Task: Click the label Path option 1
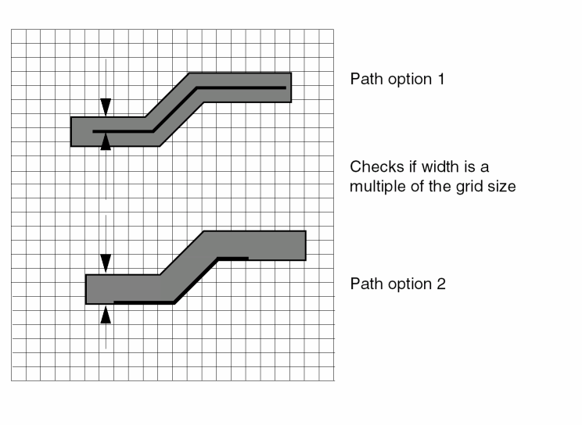[397, 79]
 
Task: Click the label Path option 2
[397, 284]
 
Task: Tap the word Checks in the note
[374, 167]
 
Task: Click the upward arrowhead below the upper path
[106, 141]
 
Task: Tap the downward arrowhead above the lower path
[106, 264]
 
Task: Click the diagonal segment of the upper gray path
[174, 109]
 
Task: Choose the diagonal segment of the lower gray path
[188, 267]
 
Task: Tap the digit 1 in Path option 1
[440, 79]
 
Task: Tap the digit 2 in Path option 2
[441, 284]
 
